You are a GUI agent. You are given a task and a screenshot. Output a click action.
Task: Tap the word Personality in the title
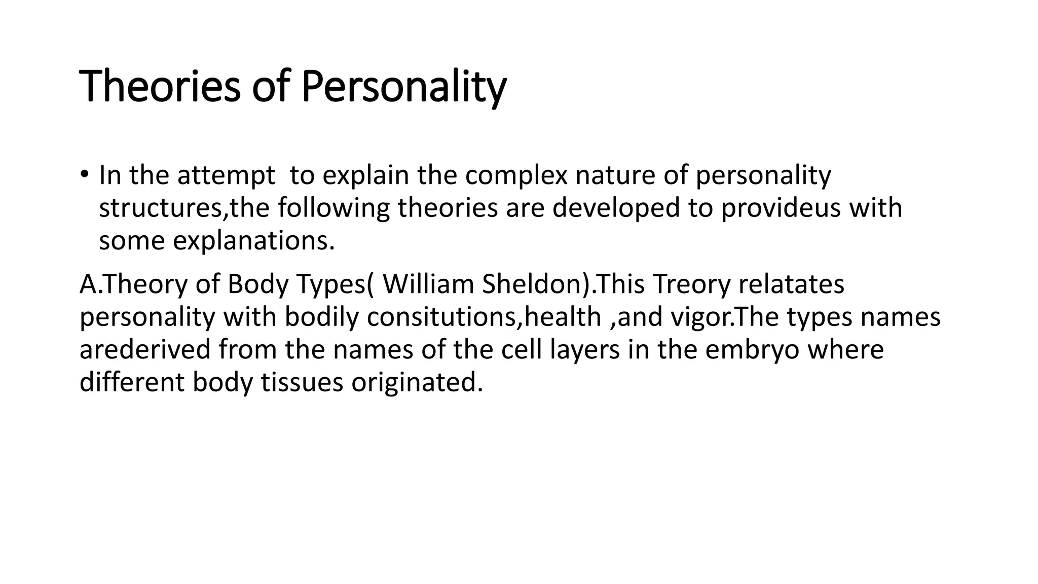[404, 87]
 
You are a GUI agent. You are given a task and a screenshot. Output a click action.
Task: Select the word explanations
[253, 241]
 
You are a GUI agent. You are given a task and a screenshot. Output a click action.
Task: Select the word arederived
[145, 350]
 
